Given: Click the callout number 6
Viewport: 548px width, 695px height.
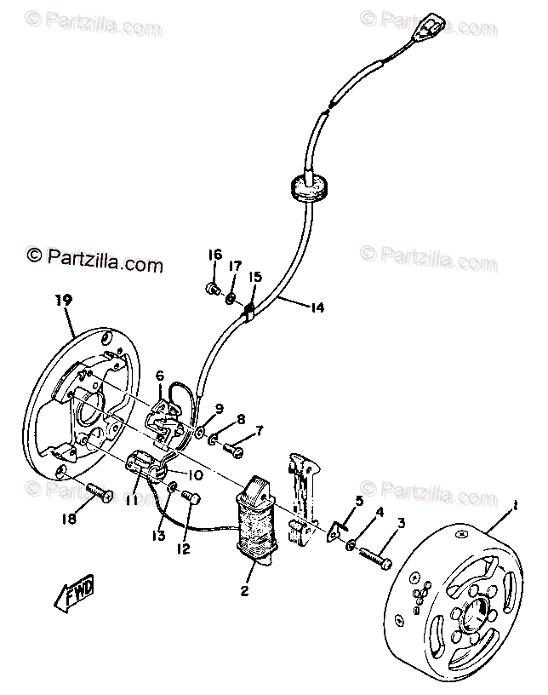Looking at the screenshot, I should pos(159,376).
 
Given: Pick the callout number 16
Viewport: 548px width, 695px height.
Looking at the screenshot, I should pos(215,255).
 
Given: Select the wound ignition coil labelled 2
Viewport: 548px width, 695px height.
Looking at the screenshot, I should pos(258,524).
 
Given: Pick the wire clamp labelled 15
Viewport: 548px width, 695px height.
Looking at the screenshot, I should pos(251,312).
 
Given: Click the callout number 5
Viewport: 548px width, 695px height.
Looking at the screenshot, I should pos(359,501).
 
